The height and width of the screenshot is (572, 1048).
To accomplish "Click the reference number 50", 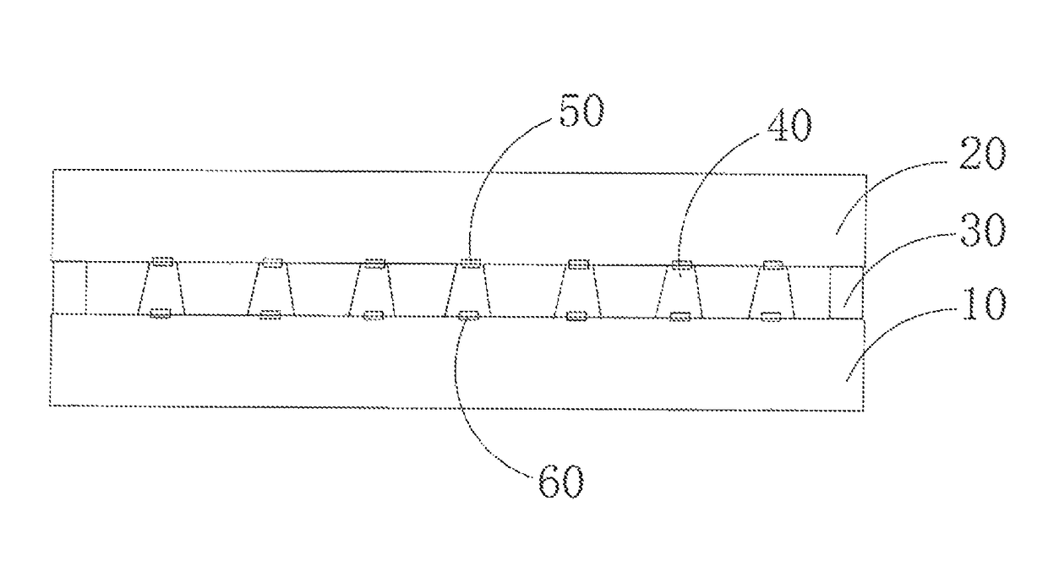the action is [x=581, y=111].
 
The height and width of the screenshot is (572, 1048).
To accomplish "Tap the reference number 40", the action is [x=789, y=125].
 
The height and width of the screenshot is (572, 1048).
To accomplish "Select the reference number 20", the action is [x=982, y=154].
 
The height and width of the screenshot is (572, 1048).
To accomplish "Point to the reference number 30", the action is [x=982, y=230].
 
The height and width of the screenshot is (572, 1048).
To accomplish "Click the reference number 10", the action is [x=983, y=304].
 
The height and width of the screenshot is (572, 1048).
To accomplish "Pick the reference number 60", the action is [x=561, y=482].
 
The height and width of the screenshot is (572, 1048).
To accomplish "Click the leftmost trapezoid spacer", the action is [x=161, y=288].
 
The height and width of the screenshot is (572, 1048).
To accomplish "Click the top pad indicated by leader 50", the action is [x=470, y=264].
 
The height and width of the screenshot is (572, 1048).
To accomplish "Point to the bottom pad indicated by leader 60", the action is [x=468, y=316].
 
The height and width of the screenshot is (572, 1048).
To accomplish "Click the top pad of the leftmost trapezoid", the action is [x=163, y=261].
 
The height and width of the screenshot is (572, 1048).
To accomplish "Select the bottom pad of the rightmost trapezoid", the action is [x=771, y=317].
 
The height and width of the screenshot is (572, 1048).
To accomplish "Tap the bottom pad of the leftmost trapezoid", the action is [x=160, y=313].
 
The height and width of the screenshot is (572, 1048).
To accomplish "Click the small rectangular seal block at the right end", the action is [x=846, y=293].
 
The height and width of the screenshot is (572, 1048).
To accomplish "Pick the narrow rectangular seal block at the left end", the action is [x=69, y=287].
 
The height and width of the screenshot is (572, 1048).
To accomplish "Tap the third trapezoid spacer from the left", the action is [x=373, y=290].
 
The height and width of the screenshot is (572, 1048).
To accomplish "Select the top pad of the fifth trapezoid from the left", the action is [x=578, y=264].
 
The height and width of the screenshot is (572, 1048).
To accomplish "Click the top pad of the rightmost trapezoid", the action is [x=773, y=266].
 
